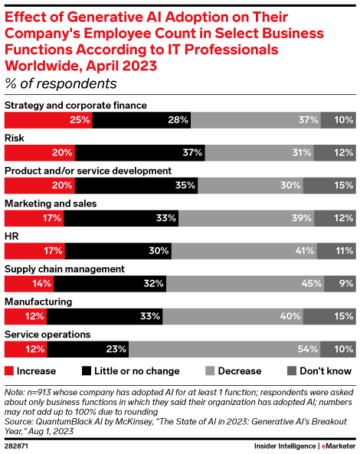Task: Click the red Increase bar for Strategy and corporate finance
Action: pos(49,119)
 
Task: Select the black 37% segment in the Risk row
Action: pos(140,152)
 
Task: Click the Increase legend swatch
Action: pos(9,371)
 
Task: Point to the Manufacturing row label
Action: pos(38,302)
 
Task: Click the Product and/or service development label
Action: pos(88,170)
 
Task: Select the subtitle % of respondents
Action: pos(61,83)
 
